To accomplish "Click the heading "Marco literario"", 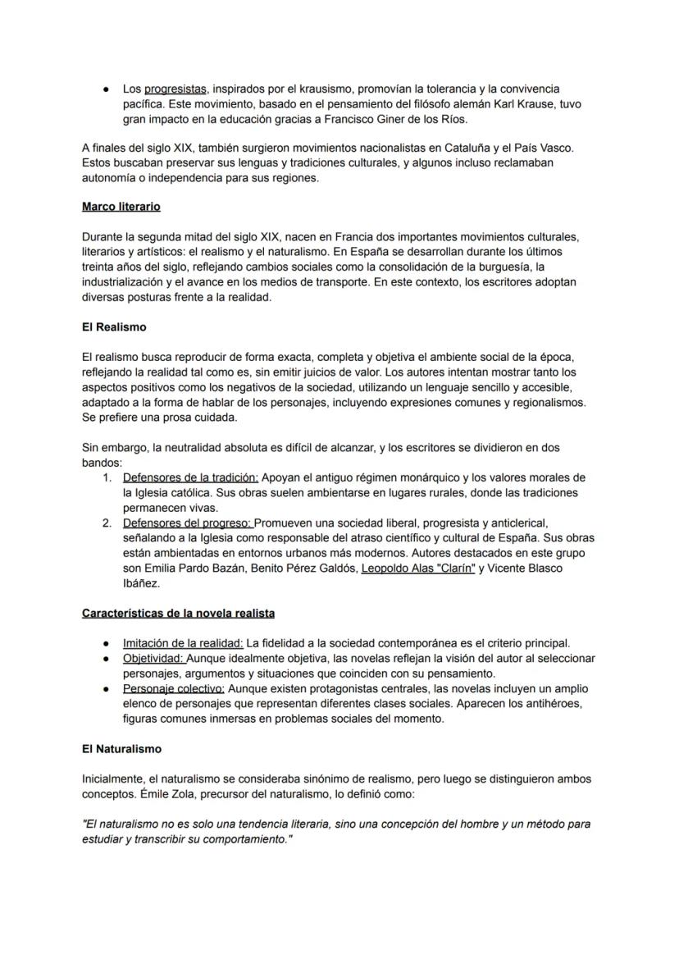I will [x=121, y=207].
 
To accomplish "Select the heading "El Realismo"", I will [x=114, y=327].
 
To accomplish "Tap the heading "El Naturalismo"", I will [x=121, y=748].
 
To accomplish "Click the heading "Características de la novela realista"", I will [x=178, y=613].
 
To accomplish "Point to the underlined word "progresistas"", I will [x=175, y=89].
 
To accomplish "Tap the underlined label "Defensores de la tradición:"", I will [x=191, y=477].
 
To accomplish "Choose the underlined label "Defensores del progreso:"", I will [x=188, y=523].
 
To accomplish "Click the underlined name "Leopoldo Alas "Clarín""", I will [x=418, y=568].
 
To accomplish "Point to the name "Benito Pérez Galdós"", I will [x=301, y=568].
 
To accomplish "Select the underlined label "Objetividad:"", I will [x=154, y=658].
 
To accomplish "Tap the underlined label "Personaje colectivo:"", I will [x=174, y=688].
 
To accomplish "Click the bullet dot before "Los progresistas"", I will [x=107, y=89].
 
